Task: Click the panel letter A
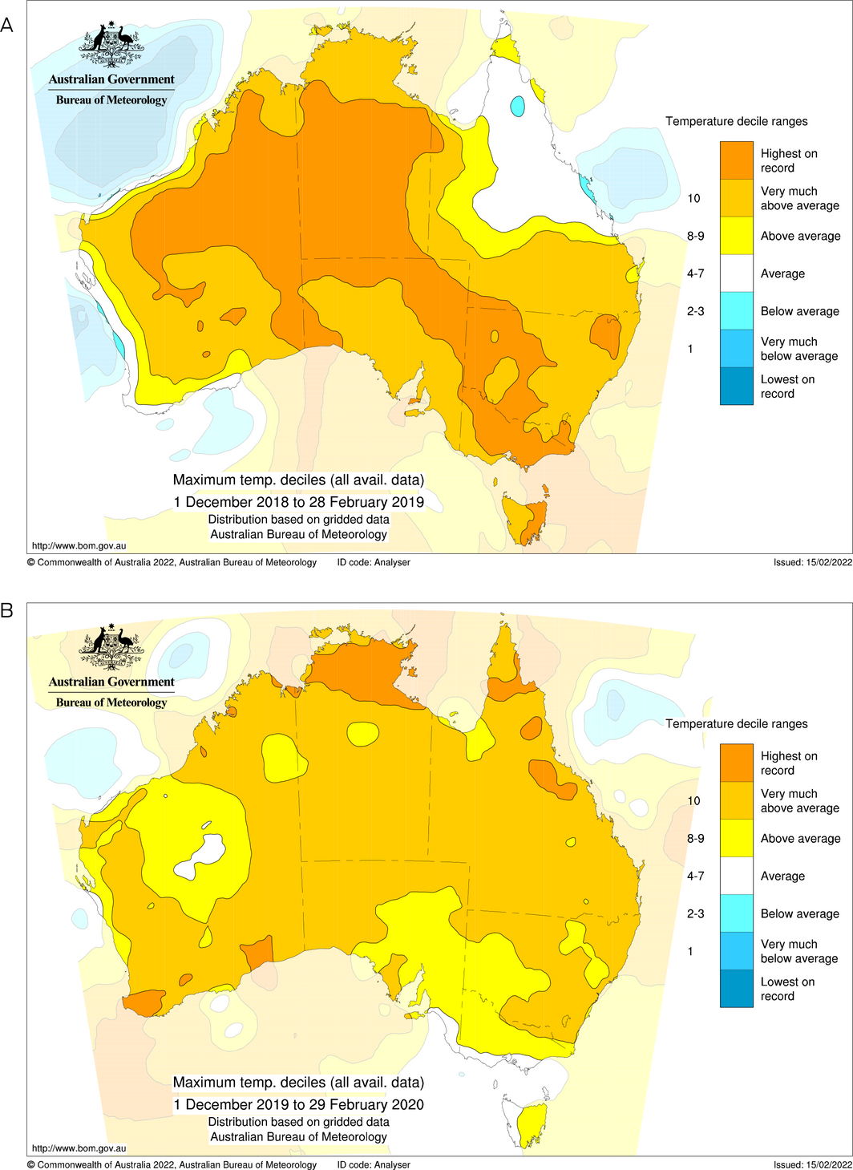(7, 26)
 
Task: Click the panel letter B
(7, 611)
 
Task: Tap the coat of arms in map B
(111, 647)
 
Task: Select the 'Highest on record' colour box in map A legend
(736, 160)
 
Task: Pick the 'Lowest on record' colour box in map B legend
(736, 989)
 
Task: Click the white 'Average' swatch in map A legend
(736, 273)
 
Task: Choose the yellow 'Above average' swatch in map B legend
(736, 838)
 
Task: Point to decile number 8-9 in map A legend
(695, 236)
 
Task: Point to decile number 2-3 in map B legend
(695, 913)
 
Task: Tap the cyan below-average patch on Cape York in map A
(517, 105)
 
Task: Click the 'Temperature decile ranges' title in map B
(736, 723)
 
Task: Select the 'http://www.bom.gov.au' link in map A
(79, 546)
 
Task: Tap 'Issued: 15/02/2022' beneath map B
(812, 1164)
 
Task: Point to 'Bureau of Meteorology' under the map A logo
(111, 100)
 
